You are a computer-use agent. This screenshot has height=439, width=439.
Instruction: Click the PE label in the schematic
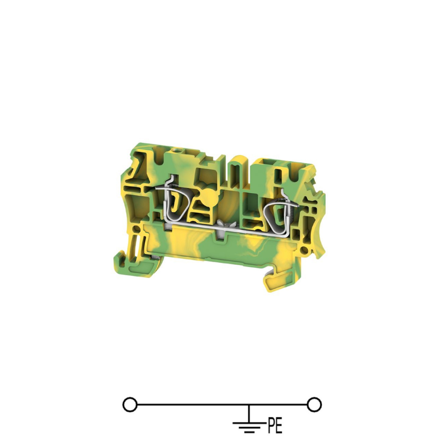pyautogui.click(x=275, y=425)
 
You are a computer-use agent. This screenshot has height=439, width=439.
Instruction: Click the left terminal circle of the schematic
pyautogui.click(x=130, y=405)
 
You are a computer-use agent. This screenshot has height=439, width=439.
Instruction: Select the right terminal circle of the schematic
pyautogui.click(x=314, y=405)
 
